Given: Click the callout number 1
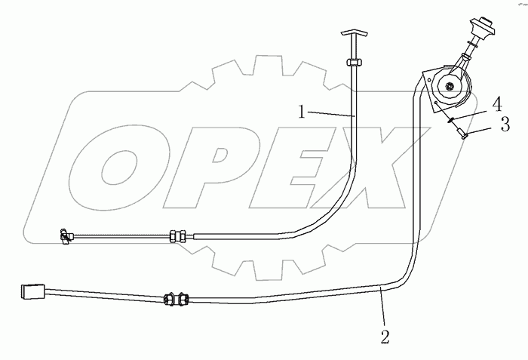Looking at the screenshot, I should click(x=301, y=112).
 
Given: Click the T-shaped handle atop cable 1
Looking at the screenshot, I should click(x=351, y=35).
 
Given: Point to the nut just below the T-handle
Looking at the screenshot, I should click(x=351, y=61).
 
